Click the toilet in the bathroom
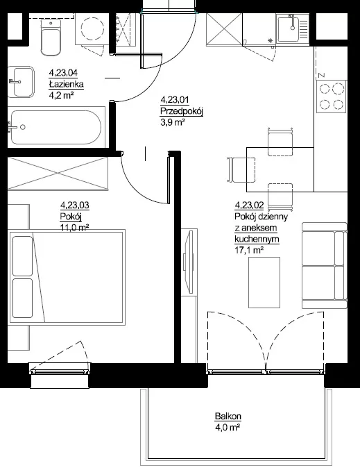coord(51,37)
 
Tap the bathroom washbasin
coord(21,82)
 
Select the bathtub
coord(56,127)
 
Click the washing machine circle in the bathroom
coord(93,28)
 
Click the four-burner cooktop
coord(332,96)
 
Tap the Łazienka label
coord(67,84)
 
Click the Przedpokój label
coord(182,111)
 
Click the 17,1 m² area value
coord(249,250)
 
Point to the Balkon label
coord(228,416)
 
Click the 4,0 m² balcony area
coord(228,427)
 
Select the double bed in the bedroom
coord(67,277)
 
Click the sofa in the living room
coord(324,265)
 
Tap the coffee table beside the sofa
coord(264,283)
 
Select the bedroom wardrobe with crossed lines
coord(58,173)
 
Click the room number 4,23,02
coord(250,205)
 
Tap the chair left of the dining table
coord(241,169)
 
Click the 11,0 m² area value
coord(75,228)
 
